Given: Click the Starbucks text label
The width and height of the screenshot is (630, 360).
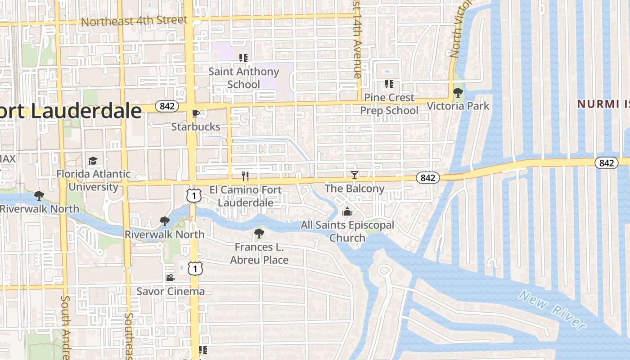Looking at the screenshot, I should pyautogui.click(x=196, y=127).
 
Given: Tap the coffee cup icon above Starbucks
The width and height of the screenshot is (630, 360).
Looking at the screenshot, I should pyautogui.click(x=195, y=113).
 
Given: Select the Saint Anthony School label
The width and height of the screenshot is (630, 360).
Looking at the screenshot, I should pyautogui.click(x=243, y=78).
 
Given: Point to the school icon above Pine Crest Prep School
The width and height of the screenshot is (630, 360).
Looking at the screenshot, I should pyautogui.click(x=389, y=84).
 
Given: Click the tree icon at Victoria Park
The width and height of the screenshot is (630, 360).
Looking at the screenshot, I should pyautogui.click(x=458, y=93).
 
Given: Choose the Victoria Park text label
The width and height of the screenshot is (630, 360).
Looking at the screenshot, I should pyautogui.click(x=458, y=106).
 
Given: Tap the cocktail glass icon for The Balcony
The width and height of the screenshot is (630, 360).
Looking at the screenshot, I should pyautogui.click(x=355, y=175).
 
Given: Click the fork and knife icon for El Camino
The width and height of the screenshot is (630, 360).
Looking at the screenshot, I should pyautogui.click(x=245, y=176).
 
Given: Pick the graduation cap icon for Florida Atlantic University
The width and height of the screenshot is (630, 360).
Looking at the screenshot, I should pyautogui.click(x=93, y=161).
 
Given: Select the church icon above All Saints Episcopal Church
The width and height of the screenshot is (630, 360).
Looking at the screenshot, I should pyautogui.click(x=347, y=211).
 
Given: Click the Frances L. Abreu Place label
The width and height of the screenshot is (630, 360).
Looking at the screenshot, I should pyautogui.click(x=259, y=253).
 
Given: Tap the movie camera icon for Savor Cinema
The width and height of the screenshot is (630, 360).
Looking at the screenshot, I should pyautogui.click(x=170, y=278).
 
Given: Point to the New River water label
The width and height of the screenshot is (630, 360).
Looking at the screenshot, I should pyautogui.click(x=553, y=310).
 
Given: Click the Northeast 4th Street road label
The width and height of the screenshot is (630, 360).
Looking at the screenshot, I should pyautogui.click(x=134, y=21).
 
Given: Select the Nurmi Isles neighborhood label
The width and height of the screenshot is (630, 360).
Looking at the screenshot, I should pyautogui.click(x=603, y=104).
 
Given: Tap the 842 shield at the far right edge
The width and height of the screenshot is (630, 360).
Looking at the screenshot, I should pyautogui.click(x=606, y=163).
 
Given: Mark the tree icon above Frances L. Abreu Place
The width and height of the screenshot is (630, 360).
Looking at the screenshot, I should pyautogui.click(x=259, y=234).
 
